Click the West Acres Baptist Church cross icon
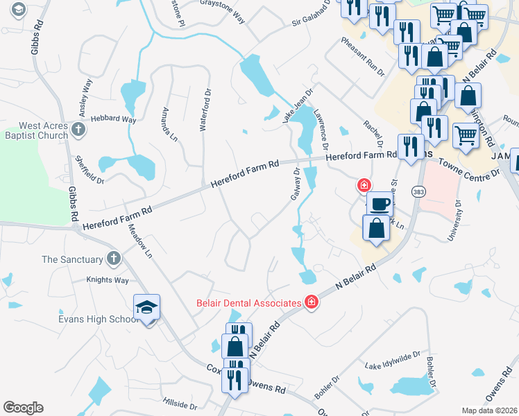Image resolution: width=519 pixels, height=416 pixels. (x=79, y=129)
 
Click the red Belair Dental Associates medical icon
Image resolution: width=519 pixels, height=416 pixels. (x=312, y=302)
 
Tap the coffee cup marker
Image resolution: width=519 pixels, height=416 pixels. (x=379, y=204)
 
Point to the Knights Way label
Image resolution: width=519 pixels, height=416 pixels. (x=108, y=280)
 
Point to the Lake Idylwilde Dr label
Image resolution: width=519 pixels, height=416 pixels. (x=393, y=360)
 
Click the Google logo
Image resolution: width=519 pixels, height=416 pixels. (x=23, y=408)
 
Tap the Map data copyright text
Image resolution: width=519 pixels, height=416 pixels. (x=489, y=410)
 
